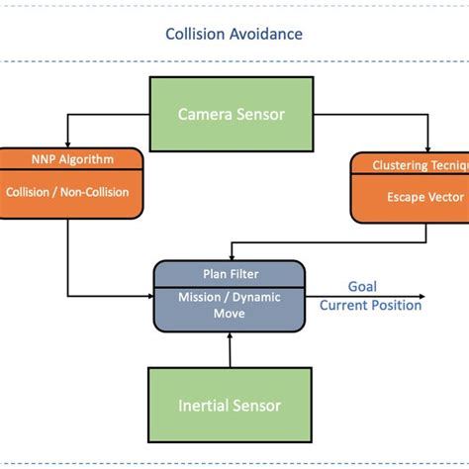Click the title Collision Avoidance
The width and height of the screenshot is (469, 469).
[234, 35]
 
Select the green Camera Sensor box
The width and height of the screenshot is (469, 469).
[231, 114]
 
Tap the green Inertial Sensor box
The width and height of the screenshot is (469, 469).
[229, 405]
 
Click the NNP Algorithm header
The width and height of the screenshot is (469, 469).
[70, 159]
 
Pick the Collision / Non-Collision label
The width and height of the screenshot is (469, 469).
[70, 192]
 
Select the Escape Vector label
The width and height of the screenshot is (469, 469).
[418, 197]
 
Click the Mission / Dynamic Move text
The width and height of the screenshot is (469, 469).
[229, 304]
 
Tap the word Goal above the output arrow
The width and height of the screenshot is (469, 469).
[362, 285]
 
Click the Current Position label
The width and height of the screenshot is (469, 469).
[370, 305]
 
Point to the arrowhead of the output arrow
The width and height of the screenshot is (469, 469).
[422, 295]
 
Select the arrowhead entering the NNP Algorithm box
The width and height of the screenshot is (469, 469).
[67, 143]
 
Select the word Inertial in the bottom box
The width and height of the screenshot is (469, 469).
[203, 405]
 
